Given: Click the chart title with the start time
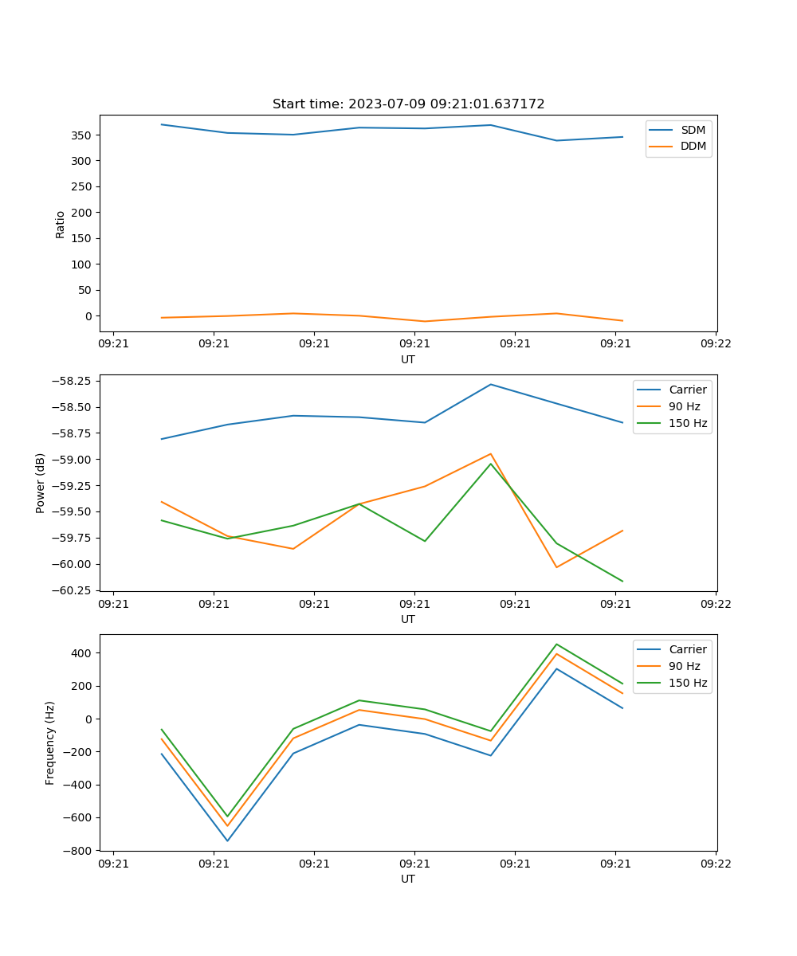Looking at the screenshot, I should pyautogui.click(x=408, y=104).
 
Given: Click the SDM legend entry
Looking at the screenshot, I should pyautogui.click(x=693, y=130).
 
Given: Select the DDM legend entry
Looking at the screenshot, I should pyautogui.click(x=693, y=146).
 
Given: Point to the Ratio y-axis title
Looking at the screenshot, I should pyautogui.click(x=61, y=224).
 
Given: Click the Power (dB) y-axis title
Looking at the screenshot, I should pyautogui.click(x=41, y=483).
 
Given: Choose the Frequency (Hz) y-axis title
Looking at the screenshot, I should pyautogui.click(x=50, y=742).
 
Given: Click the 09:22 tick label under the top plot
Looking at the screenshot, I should pyautogui.click(x=715, y=344).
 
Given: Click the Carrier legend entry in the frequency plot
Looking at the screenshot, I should pyautogui.click(x=687, y=649).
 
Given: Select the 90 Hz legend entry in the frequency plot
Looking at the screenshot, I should pyautogui.click(x=684, y=666).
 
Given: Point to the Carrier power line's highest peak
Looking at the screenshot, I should pyautogui.click(x=491, y=384).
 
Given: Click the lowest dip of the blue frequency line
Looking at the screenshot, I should pyautogui.click(x=227, y=840).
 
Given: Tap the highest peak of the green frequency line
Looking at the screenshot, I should pyautogui.click(x=556, y=645).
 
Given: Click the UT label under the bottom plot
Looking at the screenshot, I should pyautogui.click(x=408, y=879).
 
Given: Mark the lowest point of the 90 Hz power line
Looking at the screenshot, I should pyautogui.click(x=556, y=567).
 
